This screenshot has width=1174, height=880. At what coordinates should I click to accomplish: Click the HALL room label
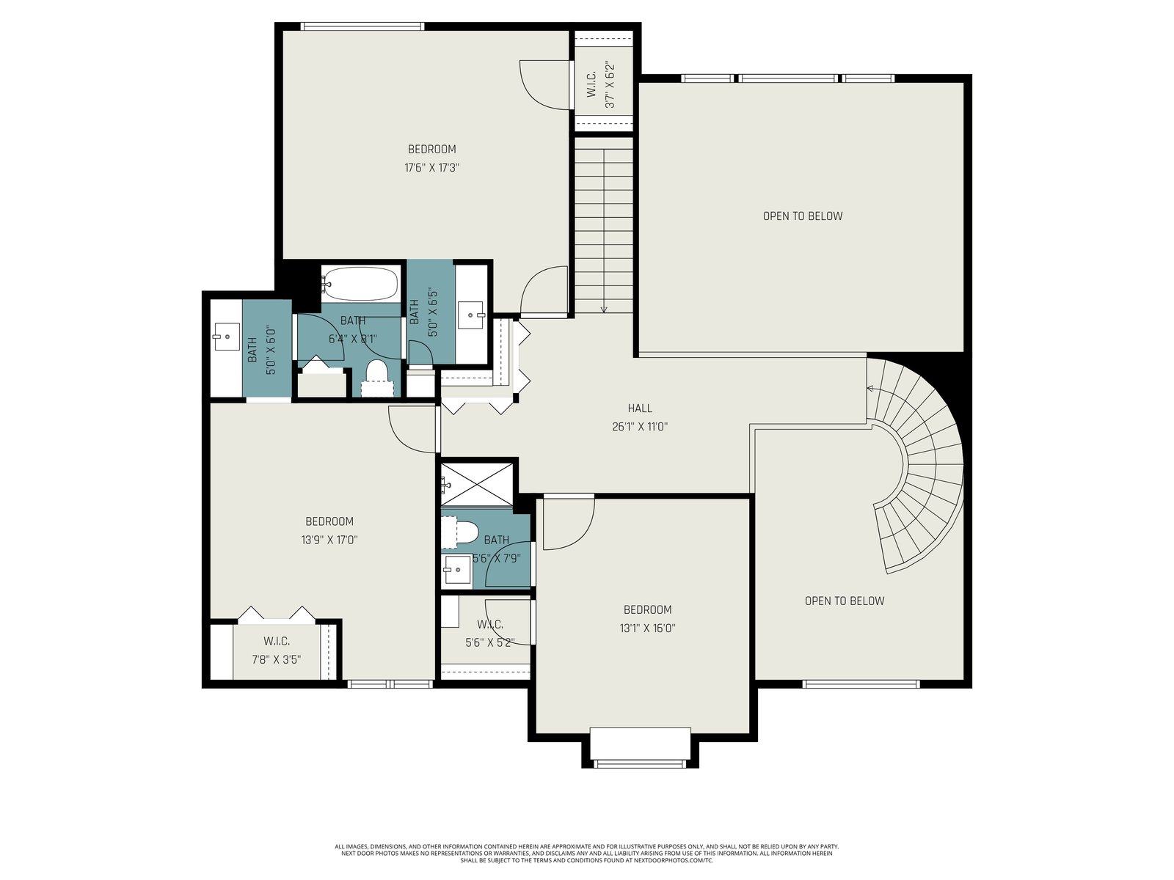coord(640,408)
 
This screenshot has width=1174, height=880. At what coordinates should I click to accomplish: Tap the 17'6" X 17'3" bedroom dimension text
coord(431,168)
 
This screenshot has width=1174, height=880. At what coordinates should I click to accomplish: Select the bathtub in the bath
coord(360,284)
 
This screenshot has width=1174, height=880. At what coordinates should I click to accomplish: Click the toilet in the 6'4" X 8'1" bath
coord(377,378)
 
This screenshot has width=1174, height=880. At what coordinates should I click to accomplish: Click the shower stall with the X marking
coord(476,485)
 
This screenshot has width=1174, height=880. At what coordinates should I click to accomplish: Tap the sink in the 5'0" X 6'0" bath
coord(227,337)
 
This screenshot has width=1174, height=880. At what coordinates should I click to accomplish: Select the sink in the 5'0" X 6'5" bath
coord(471,315)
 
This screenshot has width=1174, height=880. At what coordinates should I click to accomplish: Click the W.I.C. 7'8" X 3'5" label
coord(277,650)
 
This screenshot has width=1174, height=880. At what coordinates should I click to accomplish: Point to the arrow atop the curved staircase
coord(870,389)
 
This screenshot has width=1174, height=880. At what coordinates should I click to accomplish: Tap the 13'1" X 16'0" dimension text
coord(647,628)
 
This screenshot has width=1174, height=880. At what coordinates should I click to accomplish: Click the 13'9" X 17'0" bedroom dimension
coord(329,540)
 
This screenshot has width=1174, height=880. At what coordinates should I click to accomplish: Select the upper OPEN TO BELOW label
coord(802,216)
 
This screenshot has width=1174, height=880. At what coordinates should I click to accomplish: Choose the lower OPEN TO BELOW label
coord(845,601)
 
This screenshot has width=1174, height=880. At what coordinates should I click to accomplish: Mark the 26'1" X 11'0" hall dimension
coord(640,427)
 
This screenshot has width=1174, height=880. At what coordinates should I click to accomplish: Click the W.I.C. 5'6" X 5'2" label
coord(489,633)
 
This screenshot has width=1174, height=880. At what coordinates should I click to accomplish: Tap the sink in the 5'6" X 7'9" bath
coord(456,570)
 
